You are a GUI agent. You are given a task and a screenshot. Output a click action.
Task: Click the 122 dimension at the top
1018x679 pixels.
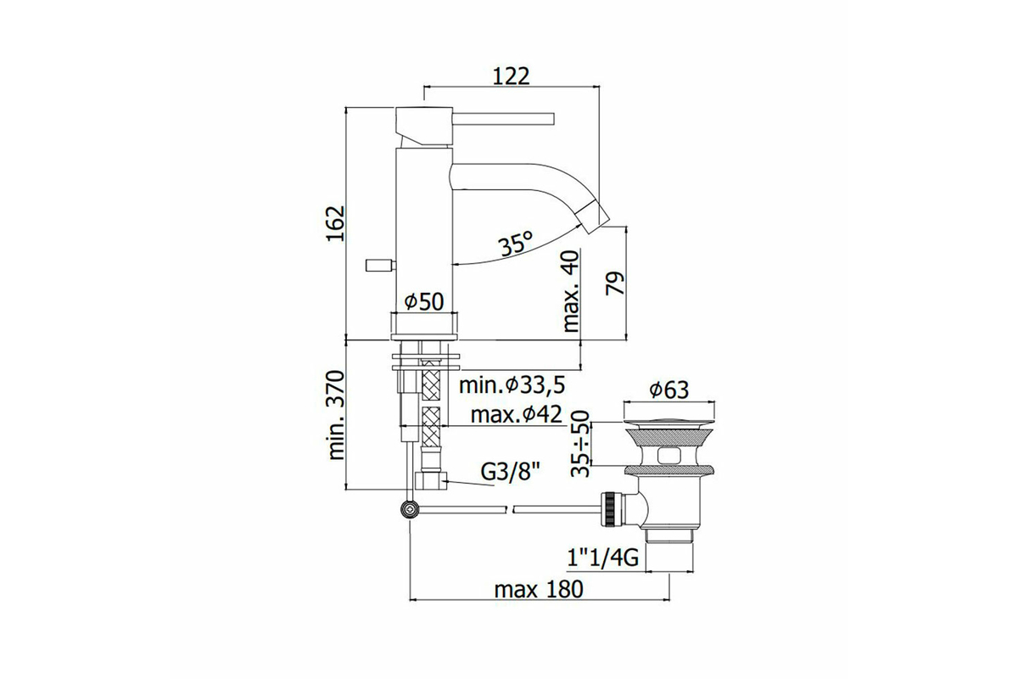click(512, 76)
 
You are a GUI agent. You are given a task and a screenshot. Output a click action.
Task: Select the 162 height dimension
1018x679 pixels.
click(337, 224)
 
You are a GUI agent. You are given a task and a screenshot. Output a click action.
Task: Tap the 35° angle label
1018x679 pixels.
click(516, 244)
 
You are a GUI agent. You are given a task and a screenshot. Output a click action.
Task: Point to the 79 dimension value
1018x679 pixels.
click(615, 283)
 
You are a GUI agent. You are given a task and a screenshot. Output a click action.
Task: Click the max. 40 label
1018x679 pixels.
click(571, 291)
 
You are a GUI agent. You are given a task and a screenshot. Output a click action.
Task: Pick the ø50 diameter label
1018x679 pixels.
click(423, 301)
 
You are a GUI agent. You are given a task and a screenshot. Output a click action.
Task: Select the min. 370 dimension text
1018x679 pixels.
click(337, 415)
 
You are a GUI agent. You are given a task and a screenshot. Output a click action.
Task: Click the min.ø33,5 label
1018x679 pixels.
click(512, 385)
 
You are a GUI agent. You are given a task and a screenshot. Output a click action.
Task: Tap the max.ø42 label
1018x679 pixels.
click(517, 414)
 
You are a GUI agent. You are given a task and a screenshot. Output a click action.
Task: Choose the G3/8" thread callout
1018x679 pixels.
click(511, 473)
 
